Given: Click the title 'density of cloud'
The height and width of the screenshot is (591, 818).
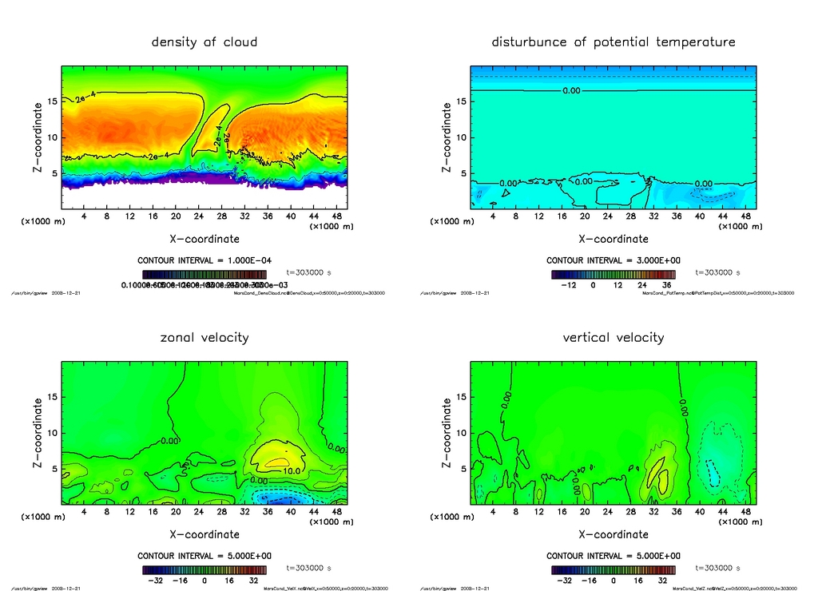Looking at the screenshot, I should (204, 42).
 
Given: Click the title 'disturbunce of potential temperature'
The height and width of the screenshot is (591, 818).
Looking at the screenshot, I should (613, 42).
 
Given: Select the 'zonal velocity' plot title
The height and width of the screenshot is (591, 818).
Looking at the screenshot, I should (204, 338).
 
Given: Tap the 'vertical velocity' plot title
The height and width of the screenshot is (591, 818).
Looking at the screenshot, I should (613, 338).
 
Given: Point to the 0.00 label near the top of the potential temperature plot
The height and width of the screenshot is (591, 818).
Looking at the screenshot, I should (571, 91).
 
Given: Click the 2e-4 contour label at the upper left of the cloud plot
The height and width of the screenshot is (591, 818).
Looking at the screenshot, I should (85, 98).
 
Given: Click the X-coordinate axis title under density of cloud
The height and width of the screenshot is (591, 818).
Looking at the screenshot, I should (204, 238).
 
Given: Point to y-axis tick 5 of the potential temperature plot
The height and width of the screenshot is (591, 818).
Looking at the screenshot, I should (460, 173).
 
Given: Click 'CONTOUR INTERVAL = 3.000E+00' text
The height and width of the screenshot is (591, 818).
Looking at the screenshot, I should (613, 260).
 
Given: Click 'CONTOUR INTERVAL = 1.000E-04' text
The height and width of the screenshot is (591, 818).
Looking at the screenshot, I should (204, 260).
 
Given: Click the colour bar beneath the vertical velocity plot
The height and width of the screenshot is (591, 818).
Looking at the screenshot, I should (613, 570).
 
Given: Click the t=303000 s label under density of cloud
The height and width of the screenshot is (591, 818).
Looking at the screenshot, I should (308, 272).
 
